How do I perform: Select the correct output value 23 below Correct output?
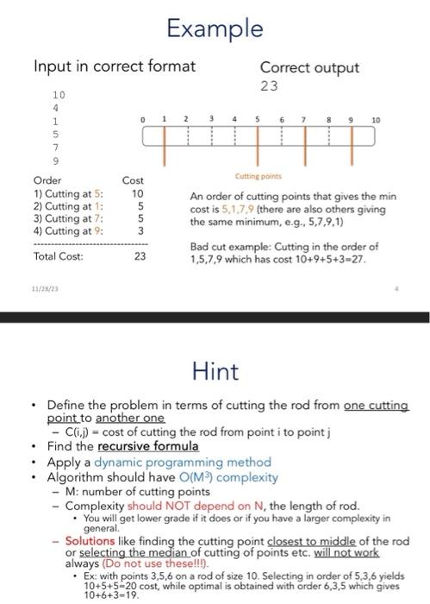pos(268,86)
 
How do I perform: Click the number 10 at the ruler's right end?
pos(374,117)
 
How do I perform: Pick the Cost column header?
pos(134,181)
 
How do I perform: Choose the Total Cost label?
pos(58,256)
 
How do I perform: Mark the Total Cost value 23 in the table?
pos(140,256)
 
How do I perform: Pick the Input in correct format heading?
pos(114,66)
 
